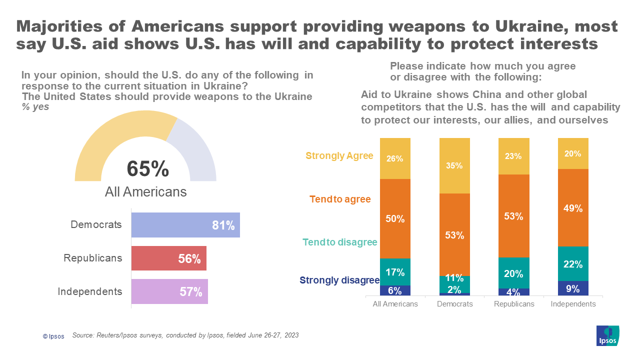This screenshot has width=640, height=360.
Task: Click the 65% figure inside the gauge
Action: pyautogui.click(x=148, y=169)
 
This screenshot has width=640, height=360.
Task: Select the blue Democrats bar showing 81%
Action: pyautogui.click(x=185, y=225)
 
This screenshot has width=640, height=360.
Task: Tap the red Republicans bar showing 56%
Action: pyautogui.click(x=168, y=258)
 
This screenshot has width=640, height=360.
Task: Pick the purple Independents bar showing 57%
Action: pyautogui.click(x=169, y=291)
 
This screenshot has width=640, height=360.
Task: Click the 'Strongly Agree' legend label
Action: pyautogui.click(x=339, y=156)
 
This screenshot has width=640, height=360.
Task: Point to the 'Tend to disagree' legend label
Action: pyautogui.click(x=339, y=242)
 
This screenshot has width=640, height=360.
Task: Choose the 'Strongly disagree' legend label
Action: pyautogui.click(x=339, y=280)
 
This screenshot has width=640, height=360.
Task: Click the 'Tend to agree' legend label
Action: pyautogui.click(x=340, y=199)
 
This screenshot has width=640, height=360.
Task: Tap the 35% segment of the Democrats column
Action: pyautogui.click(x=454, y=165)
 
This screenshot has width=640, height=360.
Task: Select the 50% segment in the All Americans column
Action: pyautogui.click(x=395, y=218)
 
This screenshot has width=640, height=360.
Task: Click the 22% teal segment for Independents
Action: pyautogui.click(x=573, y=264)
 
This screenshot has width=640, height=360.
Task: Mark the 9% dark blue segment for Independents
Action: pyautogui.click(x=573, y=288)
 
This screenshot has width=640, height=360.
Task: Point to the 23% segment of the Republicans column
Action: pyautogui.click(x=513, y=156)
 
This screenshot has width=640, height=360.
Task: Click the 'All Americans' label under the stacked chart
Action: pyautogui.click(x=395, y=304)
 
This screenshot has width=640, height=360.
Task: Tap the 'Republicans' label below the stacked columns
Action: pyautogui.click(x=514, y=304)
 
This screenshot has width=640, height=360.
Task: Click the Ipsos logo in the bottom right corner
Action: pyautogui.click(x=608, y=335)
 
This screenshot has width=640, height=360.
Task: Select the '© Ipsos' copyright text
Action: pyautogui.click(x=53, y=336)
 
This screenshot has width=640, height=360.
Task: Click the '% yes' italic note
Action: pyautogui.click(x=35, y=106)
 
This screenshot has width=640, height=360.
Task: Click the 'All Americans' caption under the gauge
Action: pyautogui.click(x=145, y=192)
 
